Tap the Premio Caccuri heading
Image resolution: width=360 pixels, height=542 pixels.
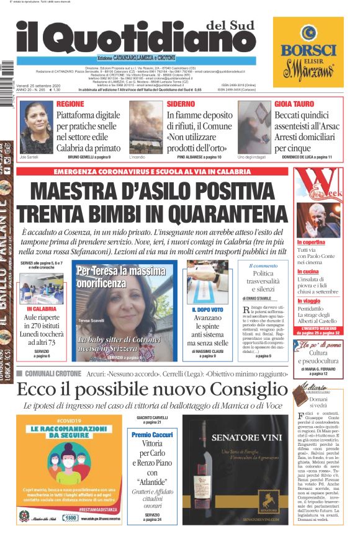click(153, 435)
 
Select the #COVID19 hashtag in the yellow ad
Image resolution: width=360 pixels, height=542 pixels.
click(68, 421)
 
